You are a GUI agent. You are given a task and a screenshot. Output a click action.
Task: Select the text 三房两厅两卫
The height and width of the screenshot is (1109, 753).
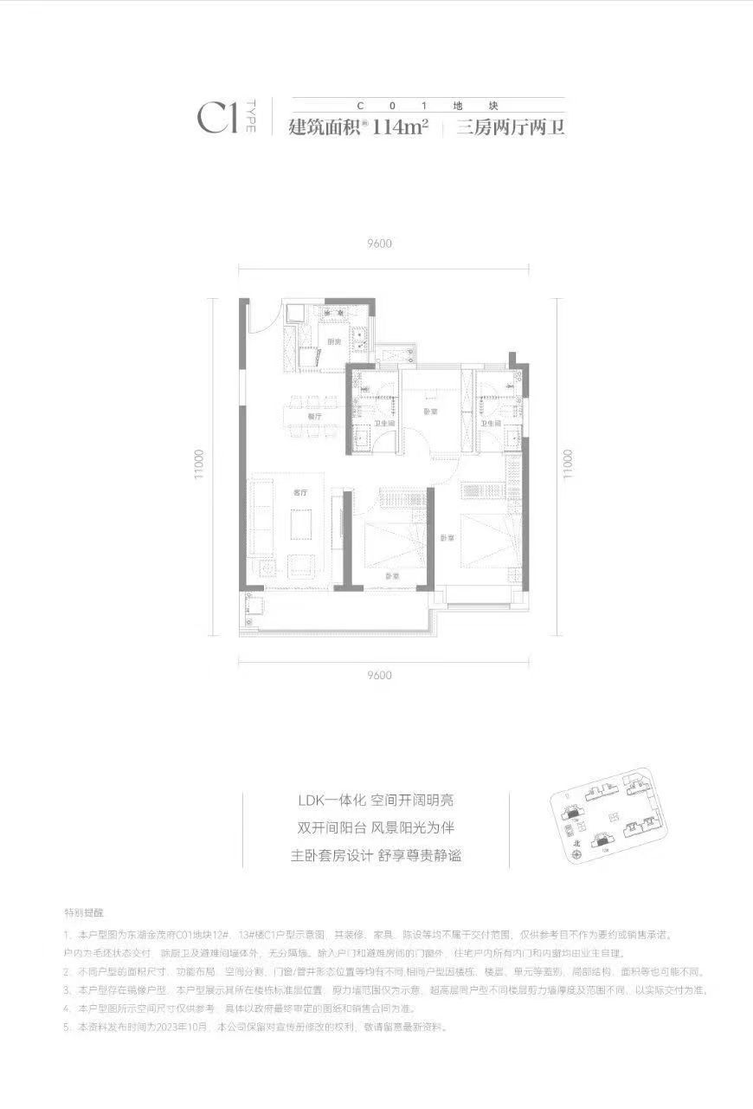pyautogui.click(x=510, y=128)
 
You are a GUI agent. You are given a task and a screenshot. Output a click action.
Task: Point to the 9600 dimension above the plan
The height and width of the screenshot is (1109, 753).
pyautogui.click(x=379, y=243)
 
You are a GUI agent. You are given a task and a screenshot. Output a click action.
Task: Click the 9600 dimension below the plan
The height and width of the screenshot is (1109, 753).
pyautogui.click(x=379, y=676)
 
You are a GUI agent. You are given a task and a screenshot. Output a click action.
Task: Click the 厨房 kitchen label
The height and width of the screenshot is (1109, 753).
pyautogui.click(x=333, y=342)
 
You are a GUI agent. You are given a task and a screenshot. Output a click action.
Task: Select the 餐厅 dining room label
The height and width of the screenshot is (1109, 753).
pyautogui.click(x=313, y=417)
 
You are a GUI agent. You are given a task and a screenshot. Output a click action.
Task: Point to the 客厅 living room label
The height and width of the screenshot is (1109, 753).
pyautogui.click(x=300, y=492)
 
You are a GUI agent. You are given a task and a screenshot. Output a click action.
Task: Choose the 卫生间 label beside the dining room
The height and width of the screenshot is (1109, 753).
pyautogui.click(x=382, y=423)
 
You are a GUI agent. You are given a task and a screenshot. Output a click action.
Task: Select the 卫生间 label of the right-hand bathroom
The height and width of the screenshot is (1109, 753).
pyautogui.click(x=492, y=423)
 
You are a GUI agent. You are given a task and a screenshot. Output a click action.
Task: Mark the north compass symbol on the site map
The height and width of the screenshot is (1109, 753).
pyautogui.click(x=577, y=852)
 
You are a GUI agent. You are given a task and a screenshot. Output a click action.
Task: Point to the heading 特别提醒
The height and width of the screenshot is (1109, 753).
pyautogui.click(x=83, y=913)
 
